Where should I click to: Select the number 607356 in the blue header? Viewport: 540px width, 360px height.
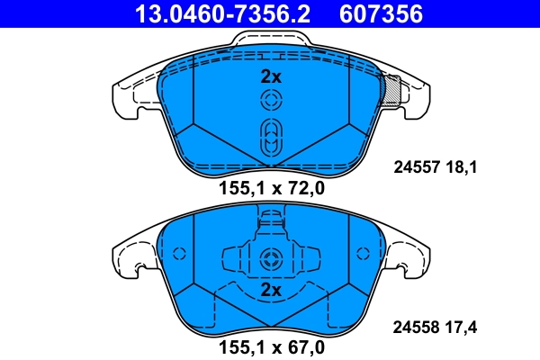click(379, 13)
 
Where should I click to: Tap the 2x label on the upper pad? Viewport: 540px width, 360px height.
click(271, 77)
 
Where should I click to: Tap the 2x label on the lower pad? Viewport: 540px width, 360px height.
click(271, 291)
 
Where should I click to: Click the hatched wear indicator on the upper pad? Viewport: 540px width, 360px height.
click(392, 90)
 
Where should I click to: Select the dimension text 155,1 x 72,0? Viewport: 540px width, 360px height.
click(271, 188)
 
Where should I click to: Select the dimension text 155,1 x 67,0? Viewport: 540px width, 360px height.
click(271, 345)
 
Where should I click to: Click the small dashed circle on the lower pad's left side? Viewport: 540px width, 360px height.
click(178, 253)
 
